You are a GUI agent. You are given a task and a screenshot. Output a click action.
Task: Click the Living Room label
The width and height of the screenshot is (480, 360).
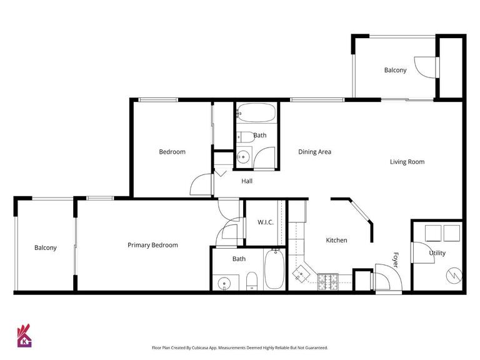407,162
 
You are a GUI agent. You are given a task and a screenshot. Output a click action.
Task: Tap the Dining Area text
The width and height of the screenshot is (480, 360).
314,152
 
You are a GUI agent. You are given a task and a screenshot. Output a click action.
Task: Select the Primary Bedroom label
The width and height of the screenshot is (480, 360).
152,245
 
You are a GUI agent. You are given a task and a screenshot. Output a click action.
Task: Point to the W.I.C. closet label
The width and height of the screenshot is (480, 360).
265,222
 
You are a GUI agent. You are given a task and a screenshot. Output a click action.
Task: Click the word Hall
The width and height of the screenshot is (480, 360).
247,181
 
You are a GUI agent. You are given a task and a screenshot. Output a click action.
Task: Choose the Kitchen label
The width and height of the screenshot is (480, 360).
336,240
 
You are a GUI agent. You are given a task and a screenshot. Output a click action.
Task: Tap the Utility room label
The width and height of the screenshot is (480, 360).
437,253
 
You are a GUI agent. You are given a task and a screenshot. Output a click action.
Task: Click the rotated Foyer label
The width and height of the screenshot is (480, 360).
396,259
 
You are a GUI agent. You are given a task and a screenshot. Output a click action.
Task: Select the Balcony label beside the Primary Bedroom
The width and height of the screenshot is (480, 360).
45,248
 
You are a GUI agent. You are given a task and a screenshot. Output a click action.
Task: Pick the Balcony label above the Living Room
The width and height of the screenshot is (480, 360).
395,70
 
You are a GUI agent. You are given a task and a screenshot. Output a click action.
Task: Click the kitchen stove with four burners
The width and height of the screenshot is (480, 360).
328,282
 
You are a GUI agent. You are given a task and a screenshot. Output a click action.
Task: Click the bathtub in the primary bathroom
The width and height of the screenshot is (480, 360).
274,270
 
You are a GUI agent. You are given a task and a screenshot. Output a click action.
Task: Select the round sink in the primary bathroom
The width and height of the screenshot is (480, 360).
224,283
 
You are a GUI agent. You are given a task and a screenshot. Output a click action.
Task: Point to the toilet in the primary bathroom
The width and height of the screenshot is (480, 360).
251,282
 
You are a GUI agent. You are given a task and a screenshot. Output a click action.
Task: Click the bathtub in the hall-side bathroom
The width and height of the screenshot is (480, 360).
256,114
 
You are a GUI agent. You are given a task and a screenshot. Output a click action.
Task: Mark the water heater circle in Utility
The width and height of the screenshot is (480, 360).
452,275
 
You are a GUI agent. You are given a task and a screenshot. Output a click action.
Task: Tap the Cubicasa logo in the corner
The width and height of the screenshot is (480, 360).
24,336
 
